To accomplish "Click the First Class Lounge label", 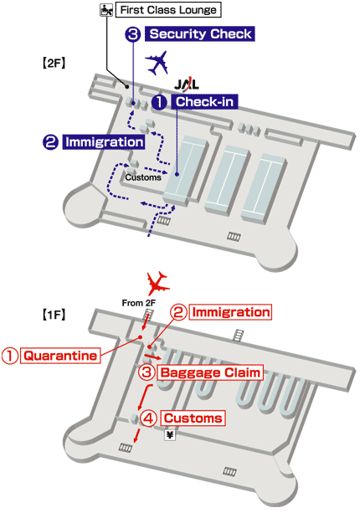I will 168,11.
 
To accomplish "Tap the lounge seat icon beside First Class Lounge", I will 105,11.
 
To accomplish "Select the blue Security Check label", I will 199,34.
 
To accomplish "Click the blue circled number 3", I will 132,34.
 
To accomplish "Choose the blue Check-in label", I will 204,102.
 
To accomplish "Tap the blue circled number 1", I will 158,102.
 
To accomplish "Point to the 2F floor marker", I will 54,62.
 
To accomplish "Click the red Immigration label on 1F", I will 232,312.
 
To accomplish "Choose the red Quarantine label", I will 61,355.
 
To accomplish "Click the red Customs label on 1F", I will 192,417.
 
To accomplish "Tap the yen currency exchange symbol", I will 170,436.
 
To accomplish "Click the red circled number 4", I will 147,417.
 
